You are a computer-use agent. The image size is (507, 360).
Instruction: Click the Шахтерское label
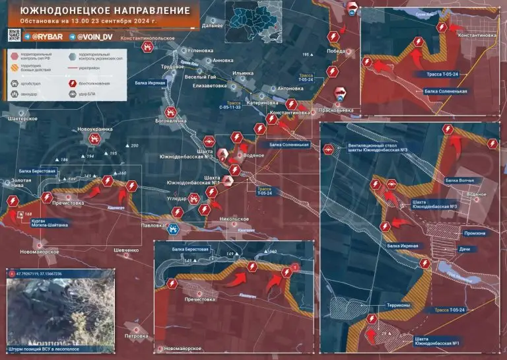click(x=21, y=118)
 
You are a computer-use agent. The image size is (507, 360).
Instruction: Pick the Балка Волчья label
click(x=460, y=180)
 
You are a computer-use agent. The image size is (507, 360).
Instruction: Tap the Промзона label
click(x=475, y=233)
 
